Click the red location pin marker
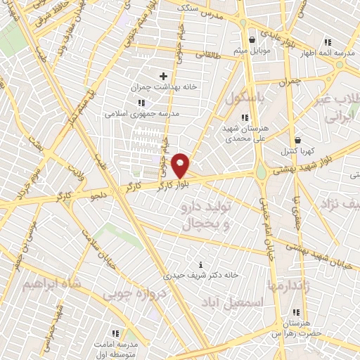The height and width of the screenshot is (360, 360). click(181, 165)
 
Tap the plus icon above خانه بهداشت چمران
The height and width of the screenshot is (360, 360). click(164, 76)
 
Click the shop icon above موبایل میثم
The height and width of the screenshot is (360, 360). click(252, 39)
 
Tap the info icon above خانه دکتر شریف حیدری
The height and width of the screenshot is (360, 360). click(202, 264)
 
